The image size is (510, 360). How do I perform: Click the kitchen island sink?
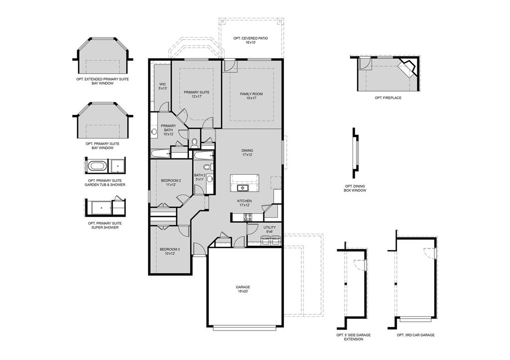pyautogui.click(x=243, y=188)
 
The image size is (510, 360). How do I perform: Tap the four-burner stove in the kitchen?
pyautogui.click(x=248, y=217)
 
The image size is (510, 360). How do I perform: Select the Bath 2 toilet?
pyautogui.click(x=212, y=167)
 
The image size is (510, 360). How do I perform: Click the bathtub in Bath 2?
pyautogui.click(x=203, y=156)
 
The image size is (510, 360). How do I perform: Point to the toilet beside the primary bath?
pyautogui.click(x=195, y=143)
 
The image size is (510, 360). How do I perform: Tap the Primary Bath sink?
pyautogui.click(x=154, y=132)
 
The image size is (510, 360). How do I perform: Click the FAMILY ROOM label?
pyautogui.click(x=251, y=96)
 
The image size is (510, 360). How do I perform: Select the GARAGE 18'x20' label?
pyautogui.click(x=243, y=289)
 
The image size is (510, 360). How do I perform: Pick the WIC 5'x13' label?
pyautogui.click(x=162, y=86)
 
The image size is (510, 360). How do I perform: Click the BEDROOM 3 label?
pyautogui.click(x=170, y=251)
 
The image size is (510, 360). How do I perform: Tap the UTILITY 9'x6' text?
pyautogui.click(x=269, y=229)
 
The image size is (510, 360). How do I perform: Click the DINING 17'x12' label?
pyautogui.click(x=247, y=152)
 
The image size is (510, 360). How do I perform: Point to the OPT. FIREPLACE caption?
pyautogui.click(x=388, y=98)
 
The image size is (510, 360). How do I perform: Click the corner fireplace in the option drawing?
pyautogui.click(x=407, y=68)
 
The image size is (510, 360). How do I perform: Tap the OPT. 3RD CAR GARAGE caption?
pyautogui.click(x=415, y=335)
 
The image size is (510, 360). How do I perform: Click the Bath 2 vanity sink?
pyautogui.click(x=210, y=178)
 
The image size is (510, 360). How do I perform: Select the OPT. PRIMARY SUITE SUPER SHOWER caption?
pyautogui.click(x=105, y=226)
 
